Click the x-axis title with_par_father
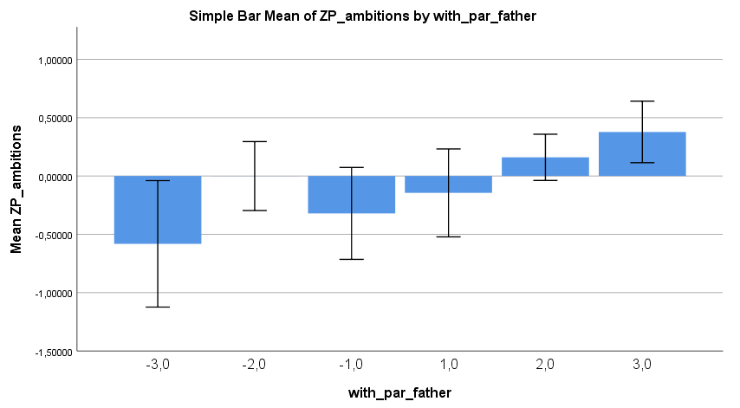[x=399, y=393]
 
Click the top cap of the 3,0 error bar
[x=642, y=101]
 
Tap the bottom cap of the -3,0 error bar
[x=158, y=307]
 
